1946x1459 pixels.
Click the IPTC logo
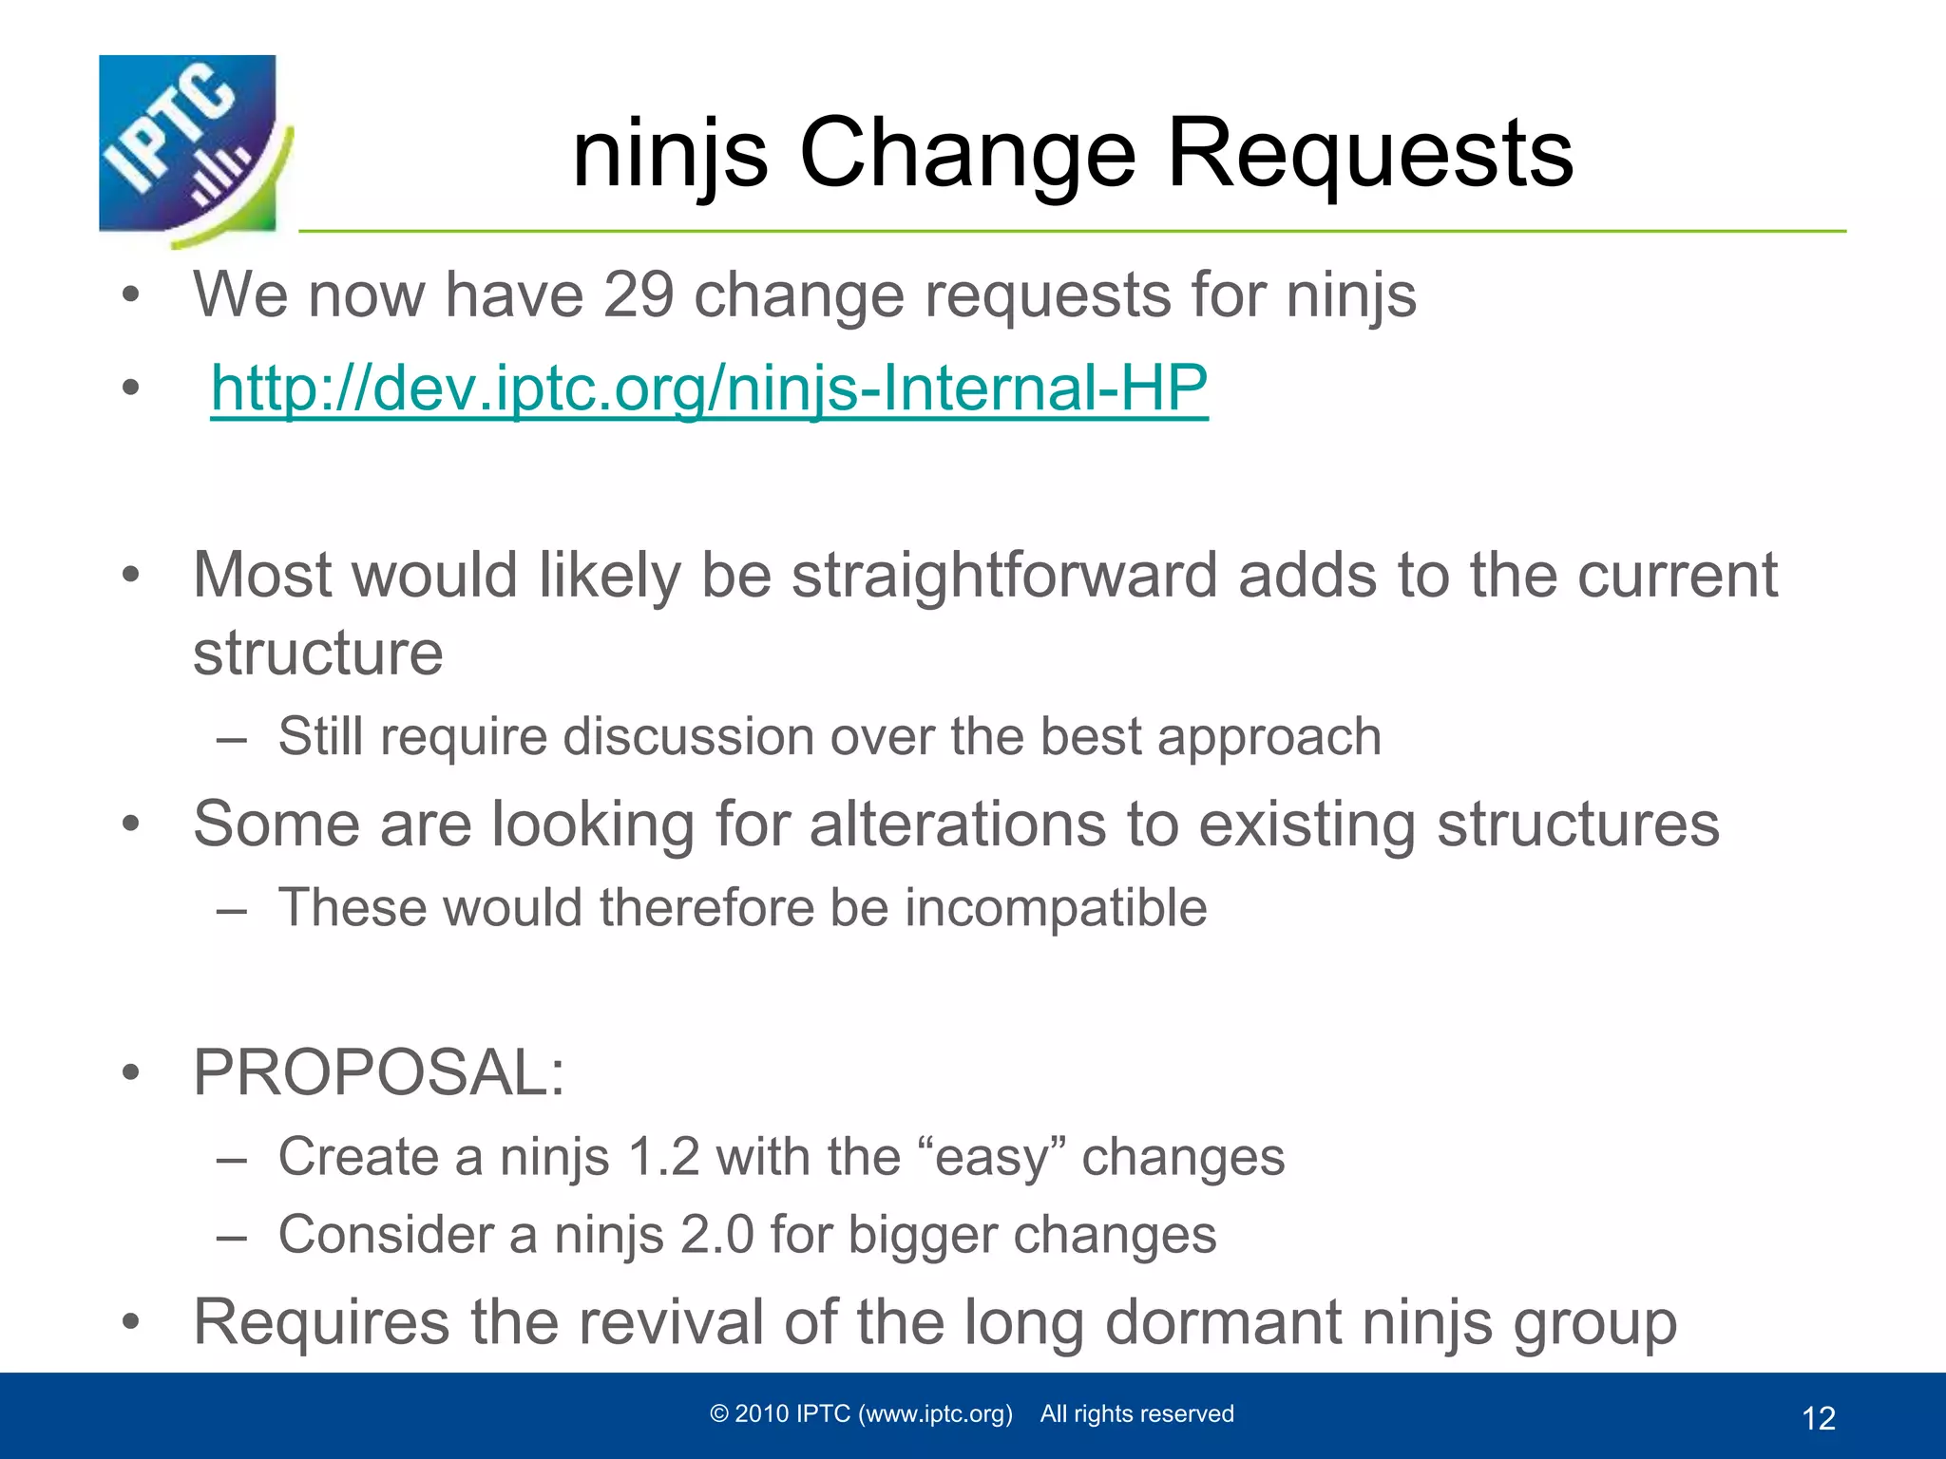pos(190,147)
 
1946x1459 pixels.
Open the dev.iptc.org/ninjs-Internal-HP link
pos(709,388)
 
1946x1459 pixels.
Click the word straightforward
pos(1004,576)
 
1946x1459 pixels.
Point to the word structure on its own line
pos(318,654)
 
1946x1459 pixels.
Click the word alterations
pos(958,824)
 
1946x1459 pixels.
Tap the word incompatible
pos(1056,908)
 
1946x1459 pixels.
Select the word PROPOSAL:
pos(379,1073)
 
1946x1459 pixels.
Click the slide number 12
pos(1818,1418)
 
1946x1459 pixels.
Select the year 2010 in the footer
pos(762,1413)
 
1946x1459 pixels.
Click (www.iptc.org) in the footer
pos(935,1414)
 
